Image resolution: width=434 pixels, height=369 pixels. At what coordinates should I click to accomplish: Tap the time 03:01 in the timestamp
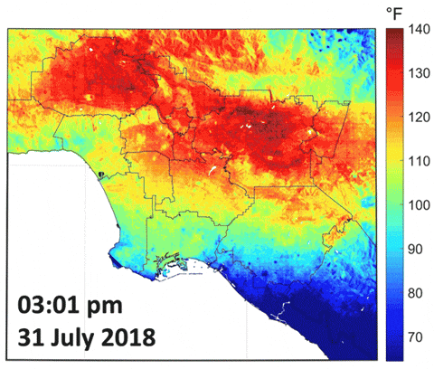tap(59, 302)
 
